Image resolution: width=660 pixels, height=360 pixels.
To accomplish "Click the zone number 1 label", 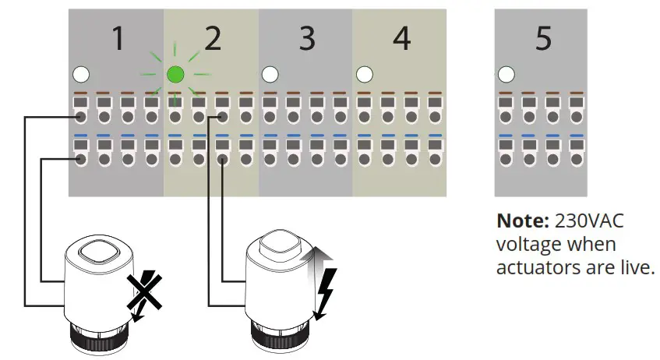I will tap(118, 39).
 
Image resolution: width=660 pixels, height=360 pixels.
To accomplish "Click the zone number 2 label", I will tap(212, 39).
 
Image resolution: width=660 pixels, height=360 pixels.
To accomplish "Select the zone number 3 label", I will tap(307, 39).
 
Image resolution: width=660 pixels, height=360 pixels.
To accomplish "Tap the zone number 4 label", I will tap(401, 39).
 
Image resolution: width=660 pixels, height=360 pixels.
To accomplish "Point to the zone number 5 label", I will tap(543, 39).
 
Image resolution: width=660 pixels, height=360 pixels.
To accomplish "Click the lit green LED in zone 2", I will tap(175, 75).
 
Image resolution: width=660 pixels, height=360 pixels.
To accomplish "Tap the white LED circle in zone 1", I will tap(80, 75).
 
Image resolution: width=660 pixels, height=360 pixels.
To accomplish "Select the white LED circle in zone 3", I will tap(270, 75).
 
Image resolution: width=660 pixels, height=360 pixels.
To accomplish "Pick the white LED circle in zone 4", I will tap(364, 75).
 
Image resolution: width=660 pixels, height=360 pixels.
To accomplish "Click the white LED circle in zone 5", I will tap(506, 75).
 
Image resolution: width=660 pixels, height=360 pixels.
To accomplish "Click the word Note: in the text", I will tap(520, 221).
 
